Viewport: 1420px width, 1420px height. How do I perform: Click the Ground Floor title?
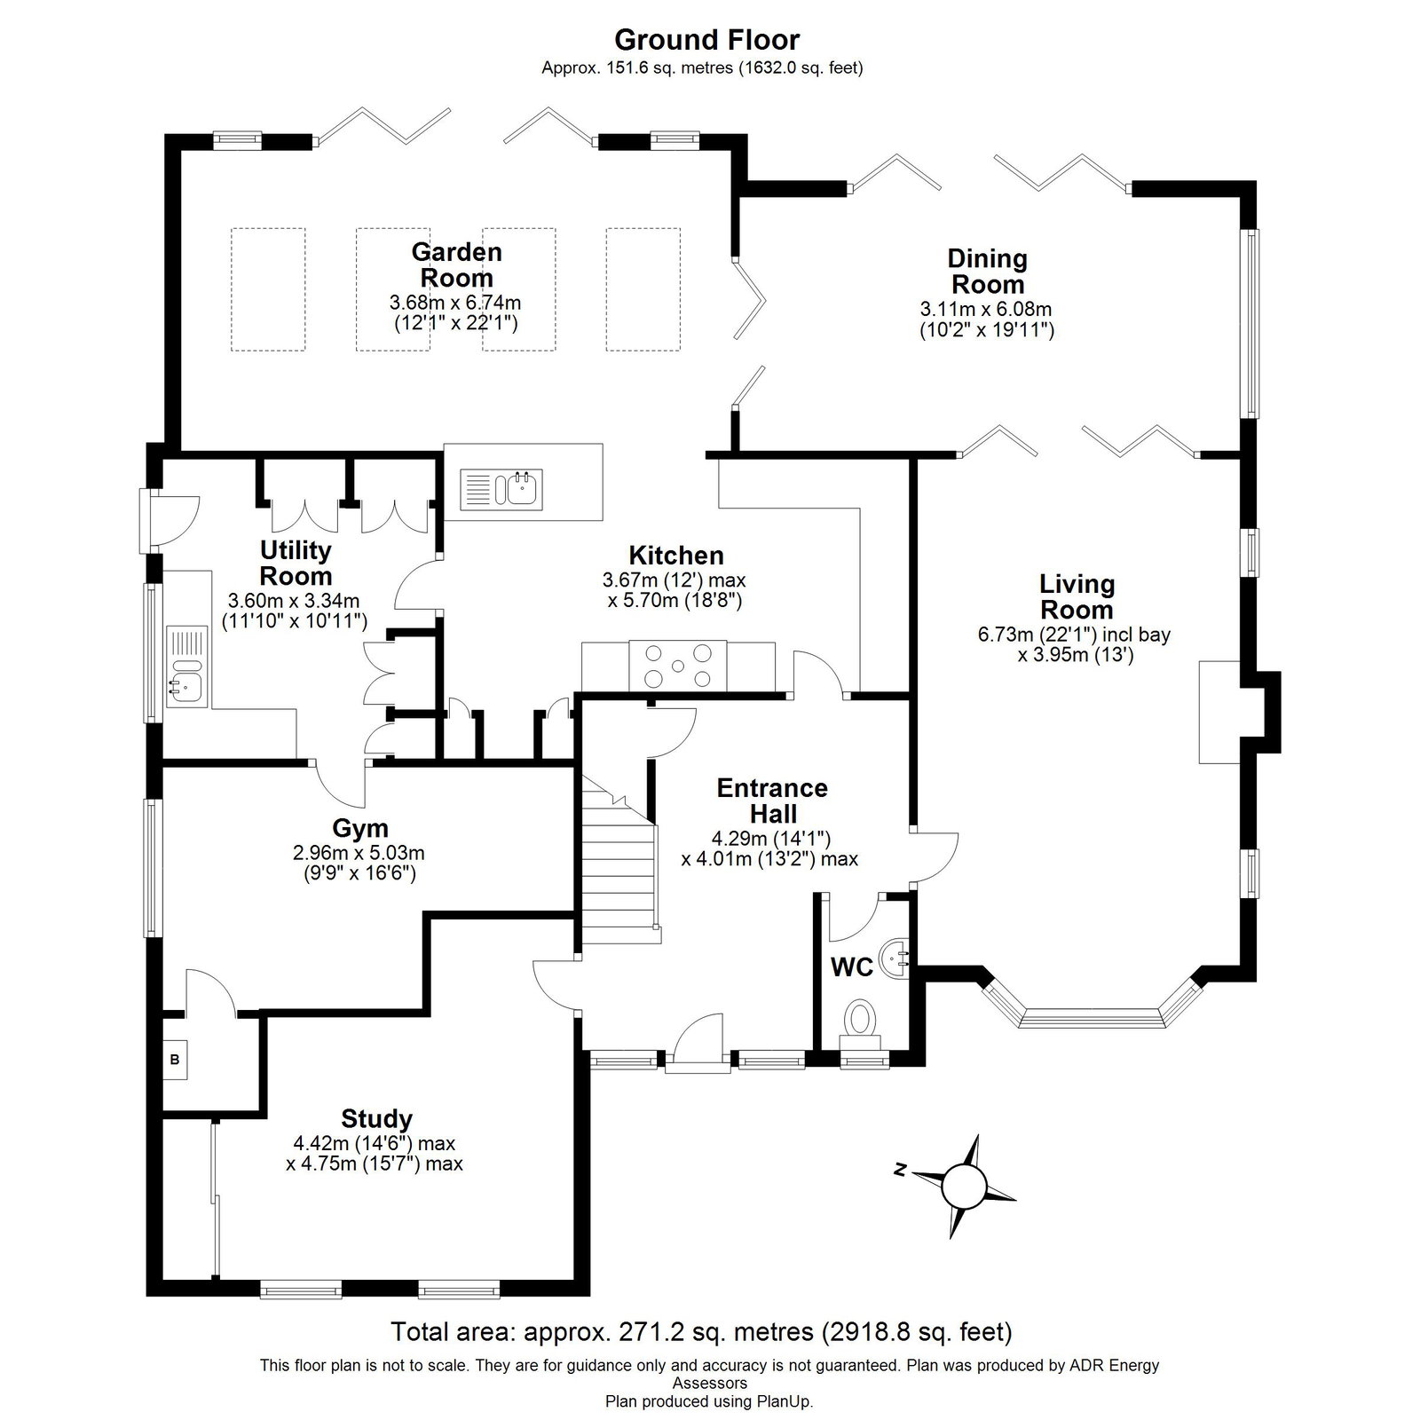(x=706, y=40)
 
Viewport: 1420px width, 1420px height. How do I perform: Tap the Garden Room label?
(x=456, y=264)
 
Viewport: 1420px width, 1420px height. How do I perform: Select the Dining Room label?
(x=987, y=272)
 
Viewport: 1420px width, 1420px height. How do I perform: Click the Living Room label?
(x=1077, y=596)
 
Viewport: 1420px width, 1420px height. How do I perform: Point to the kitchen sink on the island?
(x=501, y=488)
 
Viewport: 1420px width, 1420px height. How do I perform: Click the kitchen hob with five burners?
(x=678, y=665)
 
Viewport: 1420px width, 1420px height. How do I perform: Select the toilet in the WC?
(x=858, y=1020)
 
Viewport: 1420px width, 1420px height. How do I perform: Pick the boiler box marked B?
(x=175, y=1060)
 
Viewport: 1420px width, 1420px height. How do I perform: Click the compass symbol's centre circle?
(x=964, y=1184)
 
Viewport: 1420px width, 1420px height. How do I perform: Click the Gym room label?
(x=360, y=828)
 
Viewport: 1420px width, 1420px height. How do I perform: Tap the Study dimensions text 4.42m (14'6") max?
(x=375, y=1144)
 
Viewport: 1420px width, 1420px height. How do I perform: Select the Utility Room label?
(x=296, y=563)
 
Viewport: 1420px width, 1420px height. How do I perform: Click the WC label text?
(x=852, y=967)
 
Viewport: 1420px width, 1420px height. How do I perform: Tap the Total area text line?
(x=701, y=1331)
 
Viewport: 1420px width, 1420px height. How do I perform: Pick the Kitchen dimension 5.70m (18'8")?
(x=674, y=600)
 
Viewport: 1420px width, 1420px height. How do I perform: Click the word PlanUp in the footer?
(x=782, y=1402)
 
